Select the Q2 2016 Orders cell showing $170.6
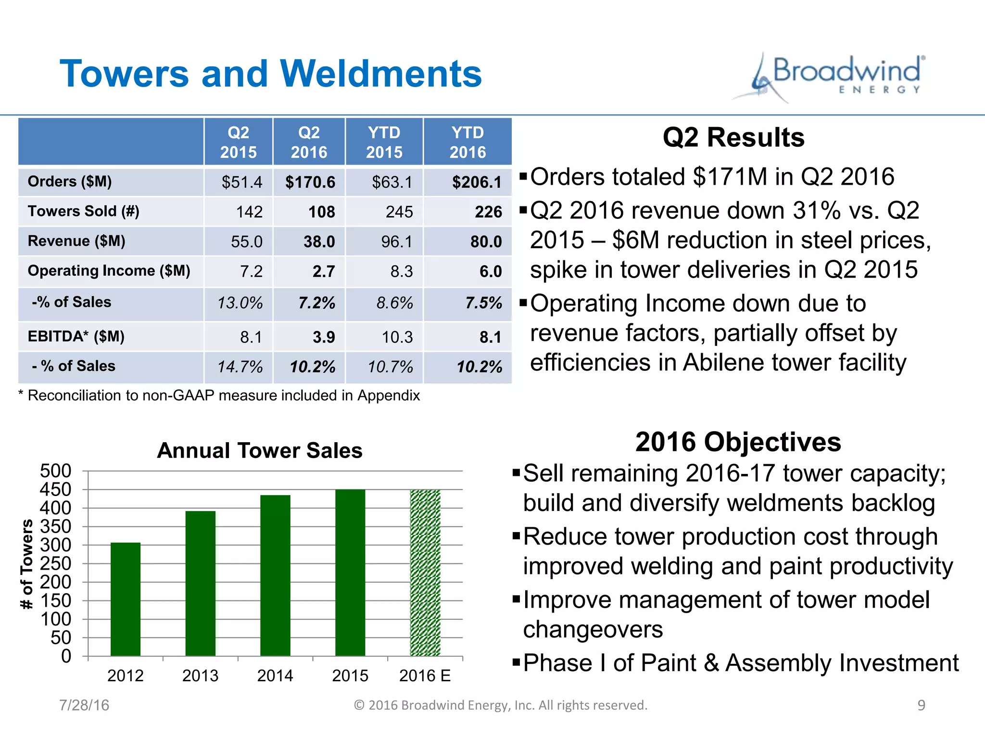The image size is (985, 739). [x=310, y=182]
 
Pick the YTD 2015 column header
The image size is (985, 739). [x=384, y=142]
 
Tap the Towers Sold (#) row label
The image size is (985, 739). [x=84, y=211]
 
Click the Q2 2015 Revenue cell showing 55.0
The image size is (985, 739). [x=246, y=242]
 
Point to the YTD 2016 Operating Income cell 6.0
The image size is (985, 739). [x=490, y=271]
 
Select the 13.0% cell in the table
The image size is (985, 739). [x=240, y=303]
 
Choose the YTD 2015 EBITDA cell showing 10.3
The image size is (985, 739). [x=397, y=337]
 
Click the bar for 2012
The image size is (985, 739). [x=126, y=599]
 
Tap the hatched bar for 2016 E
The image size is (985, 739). [x=425, y=573]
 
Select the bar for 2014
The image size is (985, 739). [x=275, y=575]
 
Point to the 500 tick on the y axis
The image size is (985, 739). [x=56, y=471]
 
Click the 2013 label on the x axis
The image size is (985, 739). [x=200, y=676]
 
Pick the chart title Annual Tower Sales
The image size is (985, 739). [x=260, y=451]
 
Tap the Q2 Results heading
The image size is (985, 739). [x=733, y=138]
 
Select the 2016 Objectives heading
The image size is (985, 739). [x=738, y=442]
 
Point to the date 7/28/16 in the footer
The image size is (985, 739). [x=84, y=705]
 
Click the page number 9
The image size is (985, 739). [x=921, y=705]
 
